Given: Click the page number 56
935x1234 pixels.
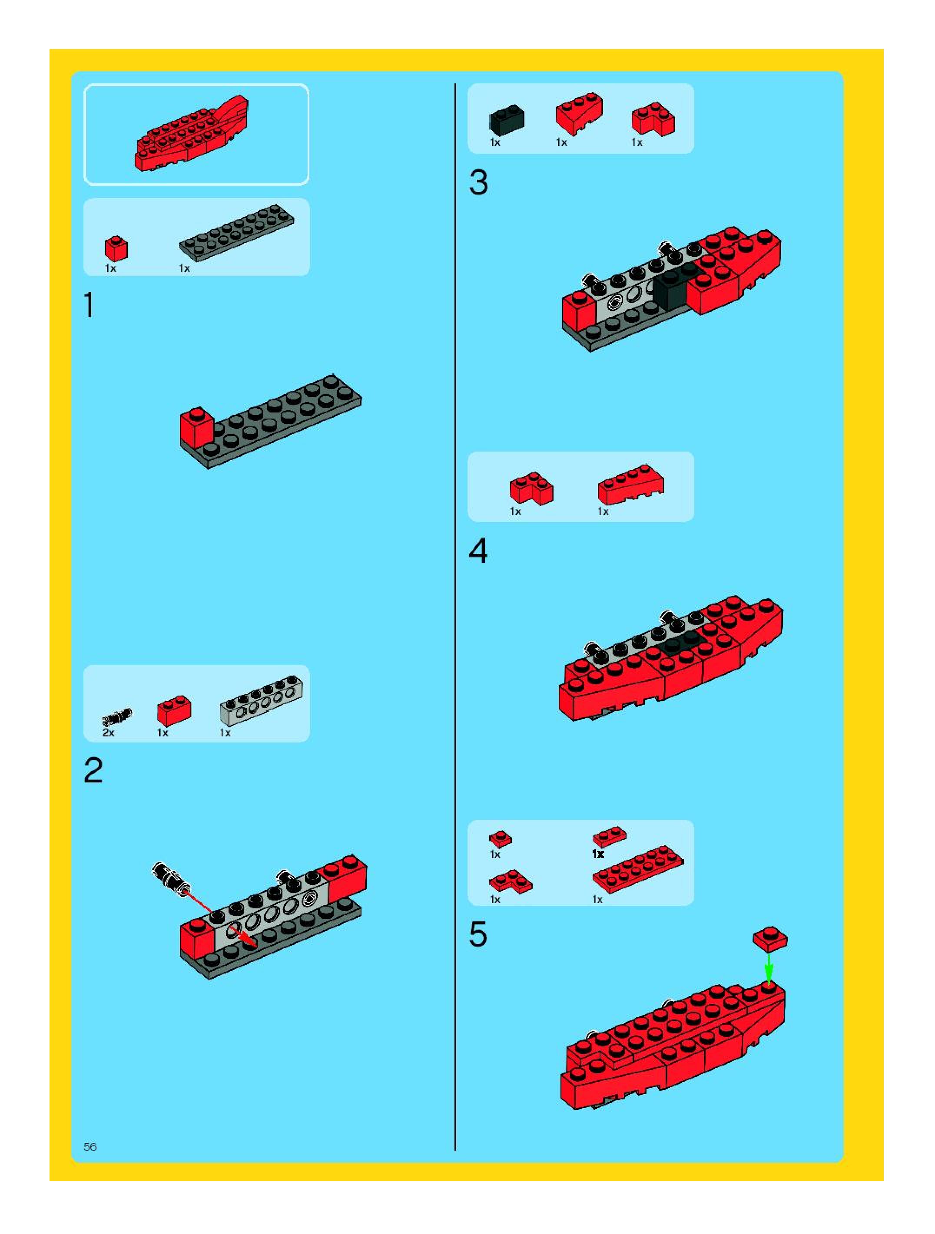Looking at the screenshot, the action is click(x=90, y=1146).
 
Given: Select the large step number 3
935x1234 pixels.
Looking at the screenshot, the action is click(x=478, y=182).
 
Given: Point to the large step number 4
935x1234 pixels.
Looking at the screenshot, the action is click(x=478, y=551).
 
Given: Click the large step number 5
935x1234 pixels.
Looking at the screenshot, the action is click(x=478, y=934).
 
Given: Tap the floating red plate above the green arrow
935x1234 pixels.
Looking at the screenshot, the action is click(x=770, y=939).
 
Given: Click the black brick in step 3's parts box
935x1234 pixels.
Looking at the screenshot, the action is click(x=507, y=120).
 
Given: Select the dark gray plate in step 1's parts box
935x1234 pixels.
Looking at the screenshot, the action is click(x=237, y=232).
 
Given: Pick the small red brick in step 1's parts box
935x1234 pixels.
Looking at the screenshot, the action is click(x=116, y=249).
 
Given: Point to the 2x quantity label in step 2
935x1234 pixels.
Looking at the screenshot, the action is click(x=108, y=733).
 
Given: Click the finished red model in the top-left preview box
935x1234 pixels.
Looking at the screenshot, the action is click(x=192, y=134).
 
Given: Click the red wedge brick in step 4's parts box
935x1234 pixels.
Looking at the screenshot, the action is click(x=631, y=484).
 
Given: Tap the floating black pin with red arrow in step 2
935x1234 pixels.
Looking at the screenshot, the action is click(x=171, y=878).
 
